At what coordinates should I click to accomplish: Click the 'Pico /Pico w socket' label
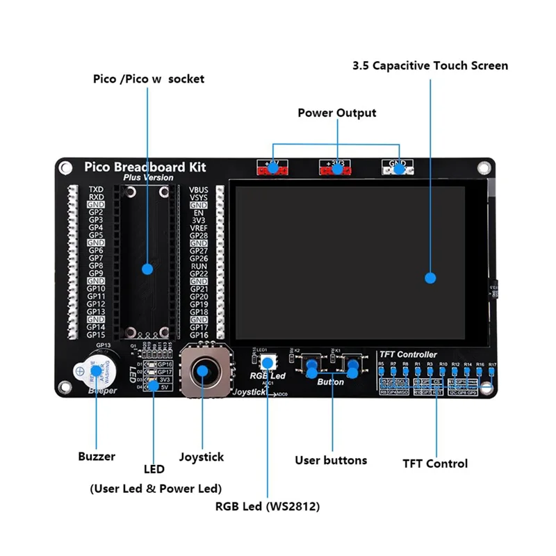(149, 79)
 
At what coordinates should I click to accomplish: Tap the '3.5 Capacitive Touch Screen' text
(430, 66)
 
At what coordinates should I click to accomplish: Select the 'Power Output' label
(337, 113)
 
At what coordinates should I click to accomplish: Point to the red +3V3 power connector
(336, 167)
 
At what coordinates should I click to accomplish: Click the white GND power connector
(399, 167)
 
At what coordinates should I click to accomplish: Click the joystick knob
(202, 370)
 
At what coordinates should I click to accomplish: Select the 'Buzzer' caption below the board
(97, 457)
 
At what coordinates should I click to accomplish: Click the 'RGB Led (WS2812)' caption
(268, 507)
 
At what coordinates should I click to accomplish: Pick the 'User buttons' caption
(331, 460)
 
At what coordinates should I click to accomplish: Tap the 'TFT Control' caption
(435, 464)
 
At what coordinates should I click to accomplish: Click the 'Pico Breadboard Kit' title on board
(145, 167)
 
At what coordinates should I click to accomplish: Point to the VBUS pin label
(198, 189)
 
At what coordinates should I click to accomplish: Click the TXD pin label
(96, 189)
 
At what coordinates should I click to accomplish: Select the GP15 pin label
(96, 334)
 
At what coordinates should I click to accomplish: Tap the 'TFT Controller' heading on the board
(408, 354)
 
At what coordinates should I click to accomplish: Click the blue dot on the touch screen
(430, 278)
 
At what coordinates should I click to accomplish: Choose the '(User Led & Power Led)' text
(156, 488)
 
